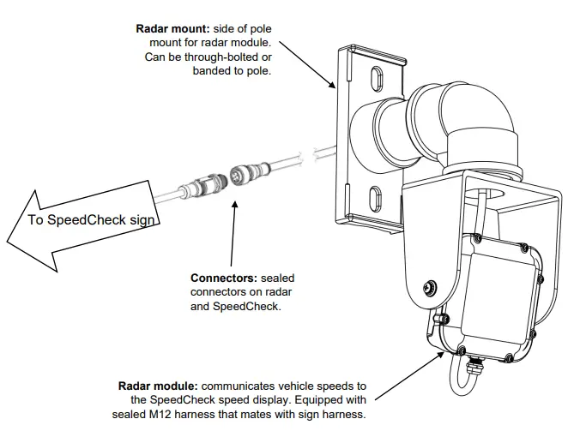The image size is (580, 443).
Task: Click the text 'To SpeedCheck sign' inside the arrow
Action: pos(91,220)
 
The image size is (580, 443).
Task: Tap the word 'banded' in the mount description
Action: pos(214,72)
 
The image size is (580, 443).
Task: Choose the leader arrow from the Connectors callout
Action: pos(231,231)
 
